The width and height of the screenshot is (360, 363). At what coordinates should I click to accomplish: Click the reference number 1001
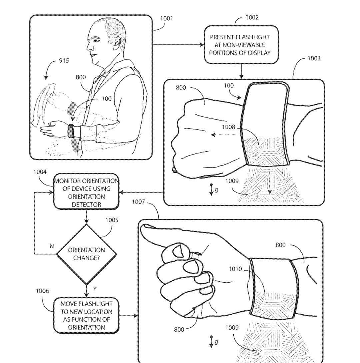(167, 18)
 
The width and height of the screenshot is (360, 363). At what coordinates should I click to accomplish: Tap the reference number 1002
(252, 17)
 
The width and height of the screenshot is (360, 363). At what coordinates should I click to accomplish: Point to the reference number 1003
(314, 58)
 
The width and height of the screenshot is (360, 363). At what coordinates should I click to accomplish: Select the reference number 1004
(40, 172)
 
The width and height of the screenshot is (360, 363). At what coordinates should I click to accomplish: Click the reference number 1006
(42, 291)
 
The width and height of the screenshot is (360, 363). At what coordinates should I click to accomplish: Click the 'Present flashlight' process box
(241, 45)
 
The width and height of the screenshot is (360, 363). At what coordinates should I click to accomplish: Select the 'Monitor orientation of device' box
(86, 192)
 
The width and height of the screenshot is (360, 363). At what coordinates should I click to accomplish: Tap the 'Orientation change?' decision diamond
(87, 254)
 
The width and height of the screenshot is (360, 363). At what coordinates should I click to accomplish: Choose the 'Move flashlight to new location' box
(86, 315)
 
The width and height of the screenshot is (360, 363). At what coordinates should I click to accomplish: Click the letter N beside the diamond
(52, 246)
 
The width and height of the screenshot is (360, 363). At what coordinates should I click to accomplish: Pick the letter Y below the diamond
(95, 289)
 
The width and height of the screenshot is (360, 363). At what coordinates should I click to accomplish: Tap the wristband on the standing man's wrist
(71, 131)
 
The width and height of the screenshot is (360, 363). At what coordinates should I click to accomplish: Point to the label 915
(64, 61)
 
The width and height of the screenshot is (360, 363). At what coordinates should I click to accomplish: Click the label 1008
(228, 127)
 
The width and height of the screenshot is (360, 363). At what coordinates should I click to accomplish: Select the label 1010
(235, 269)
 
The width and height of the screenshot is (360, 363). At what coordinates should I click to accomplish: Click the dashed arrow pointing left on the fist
(223, 135)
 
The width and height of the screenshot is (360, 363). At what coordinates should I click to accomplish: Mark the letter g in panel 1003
(216, 190)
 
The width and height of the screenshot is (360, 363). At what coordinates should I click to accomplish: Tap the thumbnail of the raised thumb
(177, 250)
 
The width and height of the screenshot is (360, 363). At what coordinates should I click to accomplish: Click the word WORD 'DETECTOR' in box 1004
(86, 205)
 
